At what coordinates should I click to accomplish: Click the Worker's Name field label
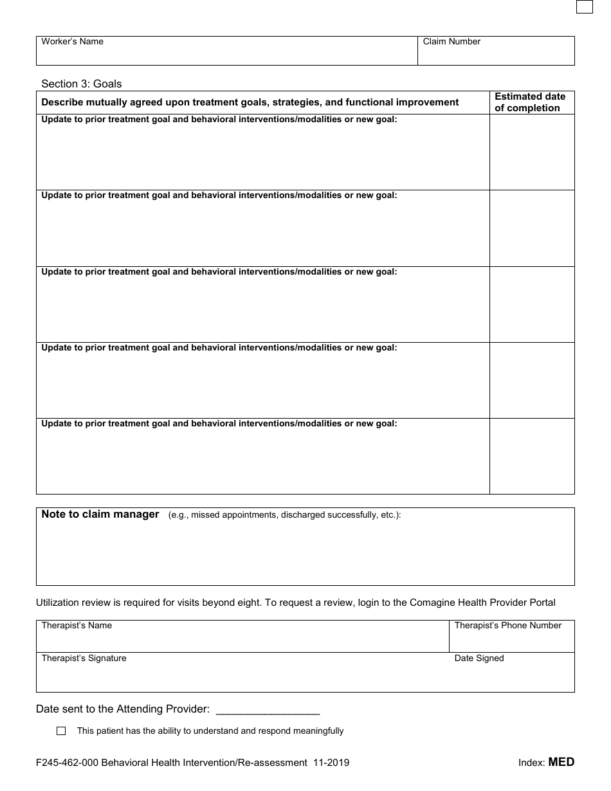tap(72, 42)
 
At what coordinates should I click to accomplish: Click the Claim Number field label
tap(451, 42)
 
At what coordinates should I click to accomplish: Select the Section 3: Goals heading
tap(81, 84)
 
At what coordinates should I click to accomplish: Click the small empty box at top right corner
tap(584, 6)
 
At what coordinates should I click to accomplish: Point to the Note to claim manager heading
tap(100, 514)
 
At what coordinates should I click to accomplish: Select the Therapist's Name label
tap(77, 625)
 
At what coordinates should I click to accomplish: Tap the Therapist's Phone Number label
tap(507, 625)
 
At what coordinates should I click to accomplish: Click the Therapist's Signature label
tap(84, 658)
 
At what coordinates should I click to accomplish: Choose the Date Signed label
tap(479, 658)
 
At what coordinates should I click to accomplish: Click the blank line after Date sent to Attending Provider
tap(268, 710)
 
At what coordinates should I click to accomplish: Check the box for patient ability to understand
tap(61, 731)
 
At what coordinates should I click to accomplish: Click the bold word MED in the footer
tap(561, 762)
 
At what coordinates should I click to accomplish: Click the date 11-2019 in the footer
tap(331, 763)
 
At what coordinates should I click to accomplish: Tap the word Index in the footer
tap(531, 763)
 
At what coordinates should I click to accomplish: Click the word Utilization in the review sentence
tap(58, 603)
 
